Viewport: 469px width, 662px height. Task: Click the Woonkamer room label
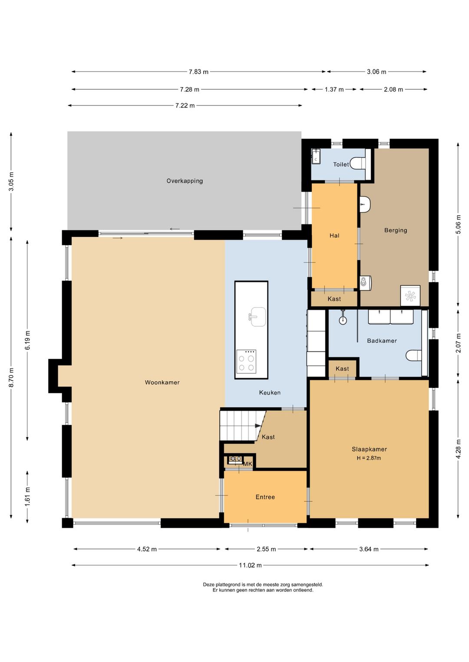point(162,383)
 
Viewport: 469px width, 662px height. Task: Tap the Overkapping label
point(185,181)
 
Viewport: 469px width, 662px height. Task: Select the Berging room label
point(396,230)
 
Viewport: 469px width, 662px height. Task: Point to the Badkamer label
point(382,341)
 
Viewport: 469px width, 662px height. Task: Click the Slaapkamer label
point(369,449)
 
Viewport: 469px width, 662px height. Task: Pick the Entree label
point(265,497)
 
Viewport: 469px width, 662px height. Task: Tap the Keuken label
point(270,393)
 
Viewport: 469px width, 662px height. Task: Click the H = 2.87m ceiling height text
point(369,459)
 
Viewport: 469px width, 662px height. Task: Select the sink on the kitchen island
point(258,317)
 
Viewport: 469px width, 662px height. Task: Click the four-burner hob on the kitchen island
point(247,361)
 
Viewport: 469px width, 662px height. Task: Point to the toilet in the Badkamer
point(414,355)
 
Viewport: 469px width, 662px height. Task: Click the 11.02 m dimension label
point(250,565)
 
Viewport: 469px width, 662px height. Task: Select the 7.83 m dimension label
point(198,72)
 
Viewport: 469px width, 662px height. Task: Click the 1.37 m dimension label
point(334,89)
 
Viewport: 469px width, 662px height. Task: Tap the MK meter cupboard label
point(248,464)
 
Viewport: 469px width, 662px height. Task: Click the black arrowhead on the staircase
point(258,426)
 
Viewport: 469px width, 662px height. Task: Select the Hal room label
point(334,236)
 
